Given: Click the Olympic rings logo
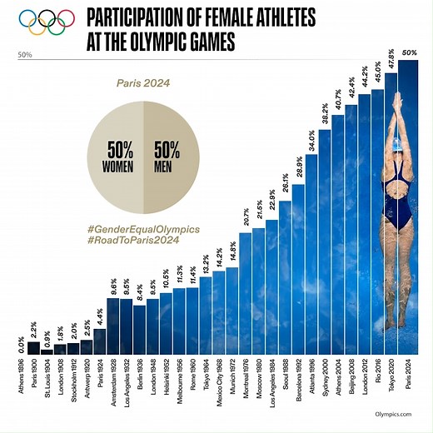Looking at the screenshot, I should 42,22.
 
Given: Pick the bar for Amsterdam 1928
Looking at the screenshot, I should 113,325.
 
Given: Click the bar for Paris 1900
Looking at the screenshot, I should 33,347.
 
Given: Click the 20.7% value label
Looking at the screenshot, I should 245,217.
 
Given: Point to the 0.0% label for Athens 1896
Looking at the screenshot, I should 20,341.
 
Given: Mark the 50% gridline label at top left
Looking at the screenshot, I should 24,55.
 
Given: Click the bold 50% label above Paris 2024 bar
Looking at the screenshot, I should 410,52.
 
